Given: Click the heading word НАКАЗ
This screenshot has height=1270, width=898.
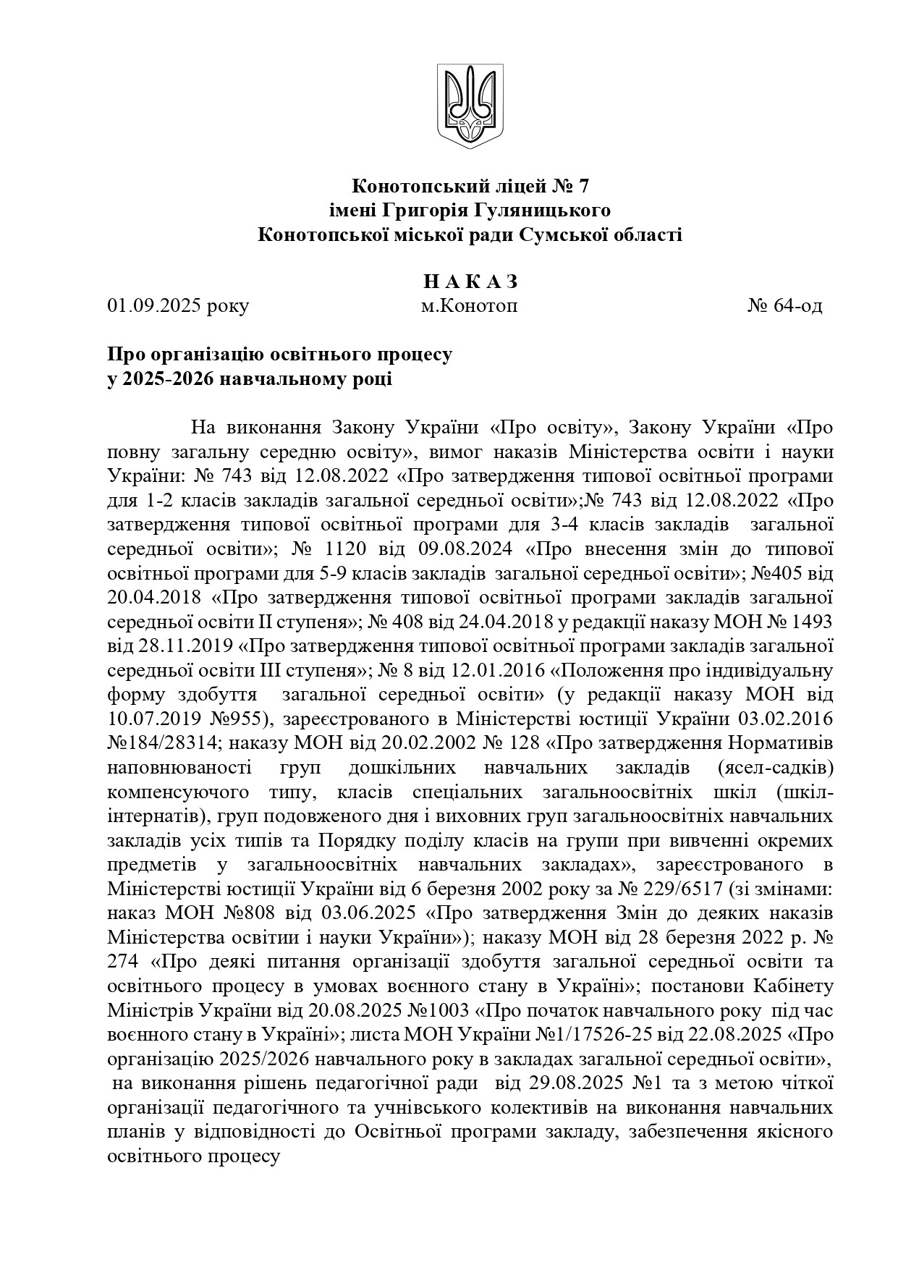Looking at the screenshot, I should (x=470, y=281).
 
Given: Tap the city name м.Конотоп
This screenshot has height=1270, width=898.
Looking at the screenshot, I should (x=470, y=306).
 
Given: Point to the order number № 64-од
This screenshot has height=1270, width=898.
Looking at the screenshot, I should (x=784, y=306).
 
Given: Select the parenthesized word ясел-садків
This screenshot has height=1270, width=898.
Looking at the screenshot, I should (x=776, y=767).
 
